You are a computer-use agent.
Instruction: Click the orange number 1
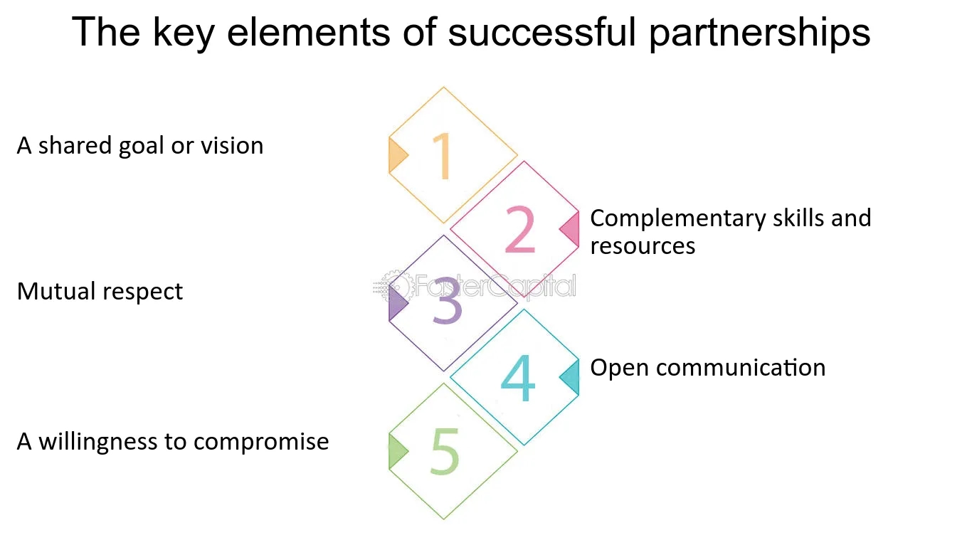point(443,155)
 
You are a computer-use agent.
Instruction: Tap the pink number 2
point(519,229)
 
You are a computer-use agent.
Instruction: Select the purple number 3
point(447,304)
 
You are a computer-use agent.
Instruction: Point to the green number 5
point(445,452)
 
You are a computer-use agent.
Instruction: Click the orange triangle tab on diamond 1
point(397,155)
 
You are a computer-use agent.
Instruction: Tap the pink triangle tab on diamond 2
point(571,229)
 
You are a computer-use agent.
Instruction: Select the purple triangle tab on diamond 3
point(397,304)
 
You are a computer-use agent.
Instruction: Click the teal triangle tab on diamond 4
point(571,377)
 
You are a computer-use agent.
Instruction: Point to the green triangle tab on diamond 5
point(397,451)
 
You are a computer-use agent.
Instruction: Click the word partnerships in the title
point(759,33)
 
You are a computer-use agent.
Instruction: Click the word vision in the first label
point(232,146)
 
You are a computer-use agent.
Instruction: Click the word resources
point(643,246)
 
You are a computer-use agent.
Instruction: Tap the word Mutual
point(56,292)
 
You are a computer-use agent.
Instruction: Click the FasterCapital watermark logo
point(475,287)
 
